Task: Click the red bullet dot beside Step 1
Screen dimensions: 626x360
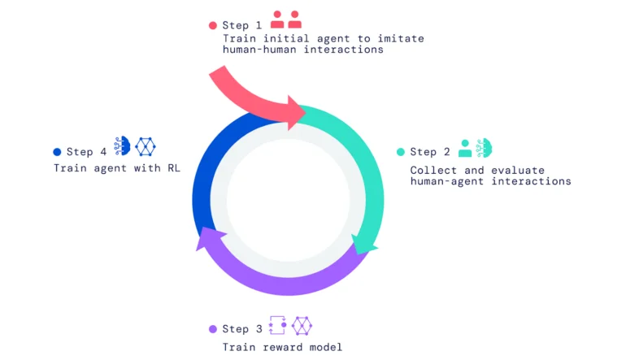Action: (213, 25)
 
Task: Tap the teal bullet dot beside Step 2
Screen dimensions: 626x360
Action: (401, 152)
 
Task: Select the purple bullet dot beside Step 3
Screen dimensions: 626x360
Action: (213, 329)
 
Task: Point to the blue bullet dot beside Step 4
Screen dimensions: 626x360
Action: (57, 152)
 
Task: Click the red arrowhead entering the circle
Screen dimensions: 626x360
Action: (295, 113)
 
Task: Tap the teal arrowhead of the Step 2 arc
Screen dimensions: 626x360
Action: (363, 245)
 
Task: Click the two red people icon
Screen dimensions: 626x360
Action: (286, 20)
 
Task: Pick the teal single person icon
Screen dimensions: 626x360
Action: (465, 148)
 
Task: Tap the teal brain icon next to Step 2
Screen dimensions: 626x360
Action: (485, 148)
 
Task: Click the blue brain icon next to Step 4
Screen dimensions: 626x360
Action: (122, 145)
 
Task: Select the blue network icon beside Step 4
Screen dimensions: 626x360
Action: (146, 146)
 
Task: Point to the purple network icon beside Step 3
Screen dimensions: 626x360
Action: (302, 326)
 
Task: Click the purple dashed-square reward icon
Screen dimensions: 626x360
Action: (278, 325)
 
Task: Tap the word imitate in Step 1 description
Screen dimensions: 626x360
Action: (401, 39)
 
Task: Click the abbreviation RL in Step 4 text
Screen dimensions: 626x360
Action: (174, 168)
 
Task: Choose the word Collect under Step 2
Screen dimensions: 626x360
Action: (433, 171)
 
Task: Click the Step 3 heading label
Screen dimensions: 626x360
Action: (242, 329)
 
